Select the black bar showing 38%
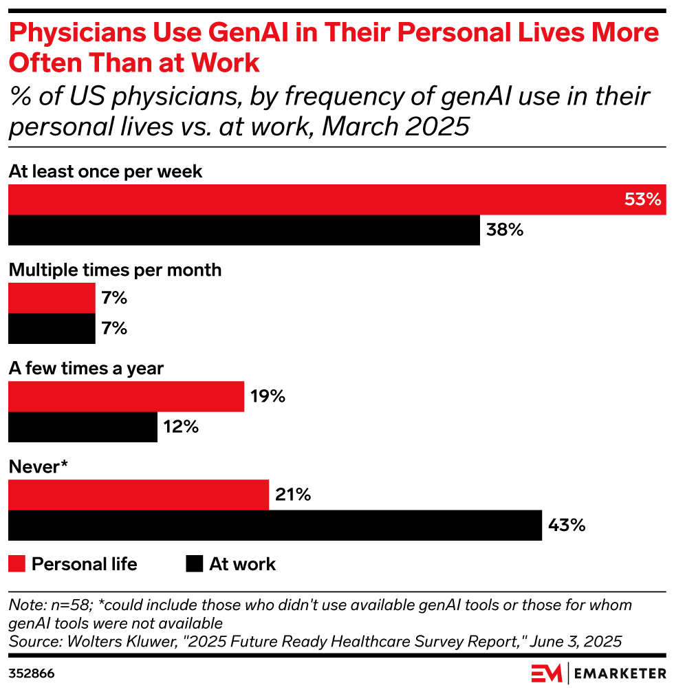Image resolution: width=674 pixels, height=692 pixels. pos(243,230)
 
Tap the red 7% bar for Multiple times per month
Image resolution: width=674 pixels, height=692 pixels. pos(52,299)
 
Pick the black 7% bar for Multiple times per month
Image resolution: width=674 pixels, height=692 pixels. pos(52,328)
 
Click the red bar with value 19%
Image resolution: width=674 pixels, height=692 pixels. pos(126,397)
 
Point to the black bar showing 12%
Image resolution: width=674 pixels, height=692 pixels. pos(83,426)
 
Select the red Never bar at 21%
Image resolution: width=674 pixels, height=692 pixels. pos(138,495)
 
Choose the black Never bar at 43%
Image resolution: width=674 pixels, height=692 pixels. pos(275,526)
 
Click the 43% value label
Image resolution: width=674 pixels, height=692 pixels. pos(566,526)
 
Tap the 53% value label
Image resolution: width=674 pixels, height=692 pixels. pos(642,199)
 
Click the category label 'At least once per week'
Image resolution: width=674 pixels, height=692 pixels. pos(105,171)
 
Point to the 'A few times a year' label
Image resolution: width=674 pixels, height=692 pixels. pos(86,368)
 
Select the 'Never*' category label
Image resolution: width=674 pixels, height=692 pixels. pos(38,467)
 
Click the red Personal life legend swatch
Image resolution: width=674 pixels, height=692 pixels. pos(17,565)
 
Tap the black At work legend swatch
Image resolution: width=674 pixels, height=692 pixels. pos(195,565)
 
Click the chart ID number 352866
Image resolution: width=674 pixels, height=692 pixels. pos(32,673)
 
